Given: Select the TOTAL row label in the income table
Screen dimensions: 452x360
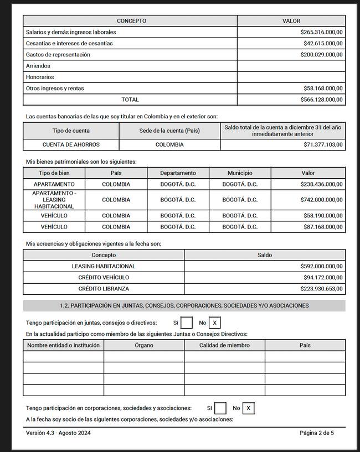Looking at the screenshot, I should click(x=130, y=100).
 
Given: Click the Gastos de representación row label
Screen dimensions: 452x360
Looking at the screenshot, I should click(x=58, y=55).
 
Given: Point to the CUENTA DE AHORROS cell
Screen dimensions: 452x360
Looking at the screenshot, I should click(x=71, y=145).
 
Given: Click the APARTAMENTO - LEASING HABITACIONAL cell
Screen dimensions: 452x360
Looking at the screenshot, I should click(x=54, y=200).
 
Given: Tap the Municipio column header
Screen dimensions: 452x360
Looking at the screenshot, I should click(x=240, y=173).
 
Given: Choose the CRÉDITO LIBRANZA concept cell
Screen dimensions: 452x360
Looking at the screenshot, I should click(x=104, y=289).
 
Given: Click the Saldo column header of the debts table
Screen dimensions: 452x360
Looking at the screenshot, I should click(x=265, y=255).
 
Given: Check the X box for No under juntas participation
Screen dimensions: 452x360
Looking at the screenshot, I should click(x=215, y=323).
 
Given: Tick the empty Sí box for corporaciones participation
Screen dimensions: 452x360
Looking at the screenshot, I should click(x=220, y=408).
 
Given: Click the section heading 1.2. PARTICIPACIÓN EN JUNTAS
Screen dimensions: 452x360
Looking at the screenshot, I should click(x=184, y=305).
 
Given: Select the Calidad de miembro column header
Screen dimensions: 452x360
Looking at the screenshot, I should click(x=224, y=345).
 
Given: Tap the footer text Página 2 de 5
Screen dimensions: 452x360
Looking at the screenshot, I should click(x=317, y=433).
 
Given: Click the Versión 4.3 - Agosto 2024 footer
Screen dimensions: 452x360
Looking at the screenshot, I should click(x=58, y=433).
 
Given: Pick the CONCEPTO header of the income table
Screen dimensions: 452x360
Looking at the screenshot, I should click(x=131, y=21).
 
